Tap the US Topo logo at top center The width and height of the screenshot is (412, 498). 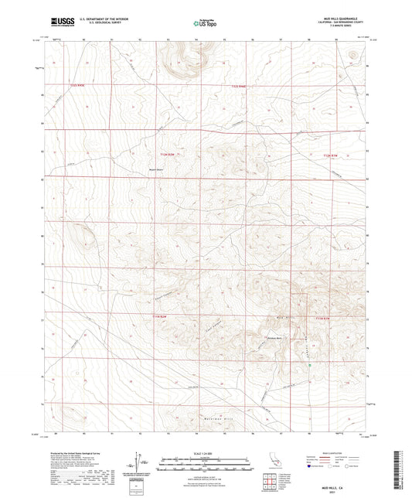coord(204,24)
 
